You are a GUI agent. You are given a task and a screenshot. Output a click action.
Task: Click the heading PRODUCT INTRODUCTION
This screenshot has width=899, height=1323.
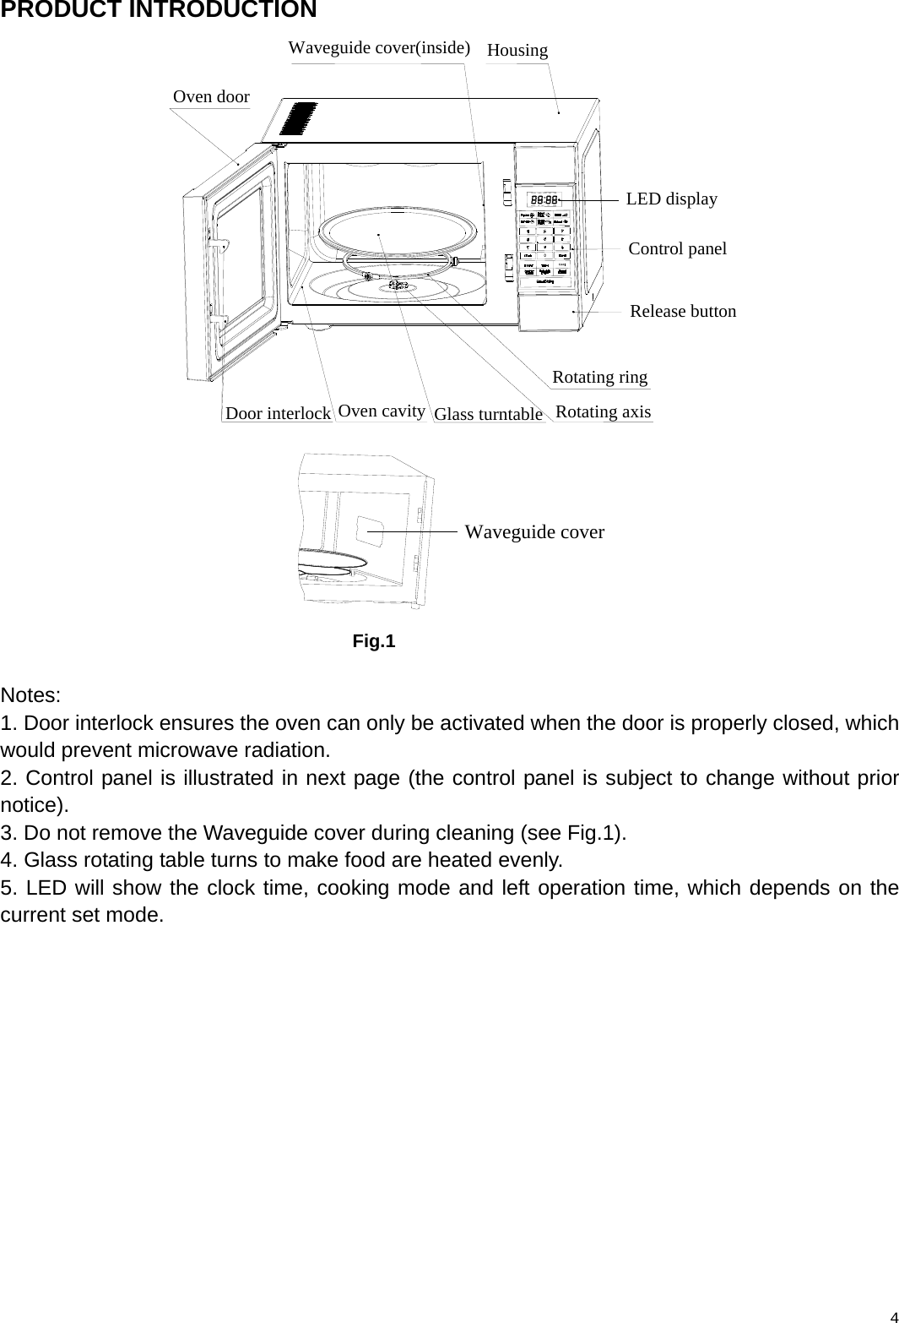pyautogui.click(x=159, y=11)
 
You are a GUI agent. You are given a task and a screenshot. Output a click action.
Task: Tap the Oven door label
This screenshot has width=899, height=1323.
pyautogui.click(x=211, y=96)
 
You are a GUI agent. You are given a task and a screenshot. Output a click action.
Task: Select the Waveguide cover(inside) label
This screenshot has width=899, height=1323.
pyautogui.click(x=379, y=47)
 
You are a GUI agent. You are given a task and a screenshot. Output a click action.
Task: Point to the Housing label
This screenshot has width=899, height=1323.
pyautogui.click(x=517, y=50)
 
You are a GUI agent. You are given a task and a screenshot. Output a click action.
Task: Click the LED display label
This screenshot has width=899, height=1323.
pyautogui.click(x=671, y=199)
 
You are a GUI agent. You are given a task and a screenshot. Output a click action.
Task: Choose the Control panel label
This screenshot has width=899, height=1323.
pyautogui.click(x=677, y=248)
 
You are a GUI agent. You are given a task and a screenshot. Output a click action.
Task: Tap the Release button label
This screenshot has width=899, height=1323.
pyautogui.click(x=683, y=311)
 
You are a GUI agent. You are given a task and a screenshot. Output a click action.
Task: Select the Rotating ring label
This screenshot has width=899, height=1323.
pyautogui.click(x=599, y=377)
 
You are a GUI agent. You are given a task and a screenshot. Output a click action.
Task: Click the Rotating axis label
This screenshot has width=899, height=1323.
pyautogui.click(x=603, y=411)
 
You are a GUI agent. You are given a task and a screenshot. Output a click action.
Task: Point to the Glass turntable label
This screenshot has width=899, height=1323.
pyautogui.click(x=488, y=414)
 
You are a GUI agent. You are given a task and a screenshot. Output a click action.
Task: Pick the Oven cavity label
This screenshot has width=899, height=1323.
pyautogui.click(x=381, y=411)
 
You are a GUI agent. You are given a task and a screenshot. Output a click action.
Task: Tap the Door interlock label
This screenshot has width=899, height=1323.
pyautogui.click(x=278, y=413)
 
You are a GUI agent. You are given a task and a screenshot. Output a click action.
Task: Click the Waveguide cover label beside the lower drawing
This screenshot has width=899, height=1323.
pyautogui.click(x=534, y=532)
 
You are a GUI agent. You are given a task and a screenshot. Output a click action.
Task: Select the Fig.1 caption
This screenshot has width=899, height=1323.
pyautogui.click(x=373, y=641)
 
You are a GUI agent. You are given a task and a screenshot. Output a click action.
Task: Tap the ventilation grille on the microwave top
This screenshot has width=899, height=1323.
pyautogui.click(x=299, y=120)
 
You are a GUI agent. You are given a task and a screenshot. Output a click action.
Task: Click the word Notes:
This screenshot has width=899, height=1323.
pyautogui.click(x=30, y=696)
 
